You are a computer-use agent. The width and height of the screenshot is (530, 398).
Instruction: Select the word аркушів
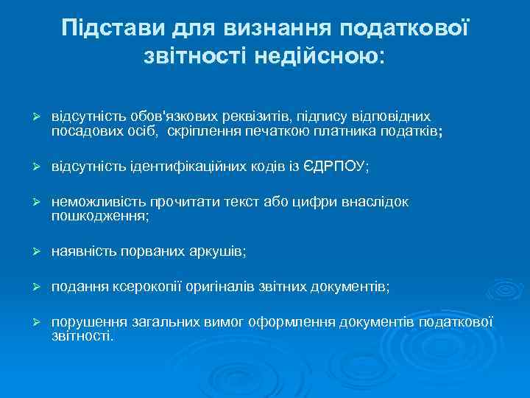[219, 252]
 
